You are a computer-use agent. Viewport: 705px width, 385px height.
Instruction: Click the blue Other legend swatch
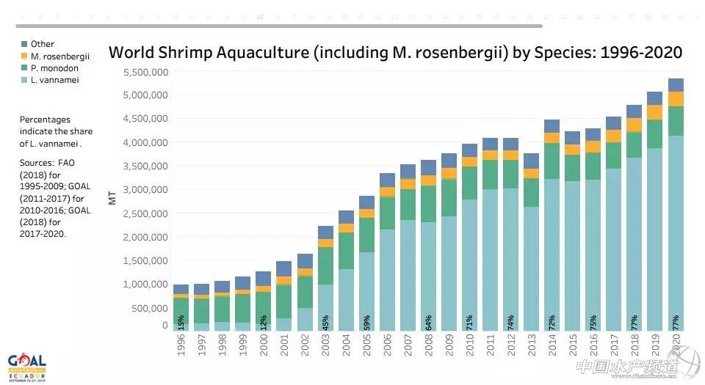pos(24,44)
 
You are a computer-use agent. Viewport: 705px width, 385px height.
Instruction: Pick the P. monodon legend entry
pos(55,68)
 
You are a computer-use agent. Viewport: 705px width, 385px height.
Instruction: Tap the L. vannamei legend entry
pos(55,80)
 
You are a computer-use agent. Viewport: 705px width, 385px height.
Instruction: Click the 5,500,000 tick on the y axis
pos(146,72)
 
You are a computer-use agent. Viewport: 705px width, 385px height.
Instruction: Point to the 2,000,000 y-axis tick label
pos(146,237)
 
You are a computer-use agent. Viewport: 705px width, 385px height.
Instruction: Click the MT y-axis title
pos(112,198)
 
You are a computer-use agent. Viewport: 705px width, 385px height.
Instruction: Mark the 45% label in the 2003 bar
pos(325,322)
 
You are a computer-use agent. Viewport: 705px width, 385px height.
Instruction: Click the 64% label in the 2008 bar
pos(427,322)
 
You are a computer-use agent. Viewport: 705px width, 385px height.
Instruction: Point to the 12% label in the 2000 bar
pos(263,322)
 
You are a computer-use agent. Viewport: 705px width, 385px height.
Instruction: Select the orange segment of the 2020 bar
pos(675,99)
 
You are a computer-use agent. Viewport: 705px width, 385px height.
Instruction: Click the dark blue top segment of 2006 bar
pos(386,180)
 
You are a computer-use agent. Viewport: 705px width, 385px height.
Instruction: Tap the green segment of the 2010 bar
pos(469,183)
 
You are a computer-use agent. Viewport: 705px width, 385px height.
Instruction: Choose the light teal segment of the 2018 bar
pos(634,242)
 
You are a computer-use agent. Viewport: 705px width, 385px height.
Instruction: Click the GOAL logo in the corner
pos(27,365)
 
